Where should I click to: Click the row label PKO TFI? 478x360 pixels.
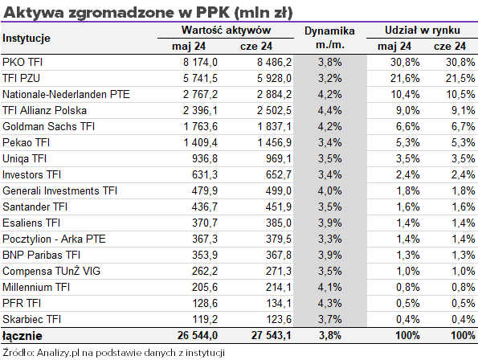22,62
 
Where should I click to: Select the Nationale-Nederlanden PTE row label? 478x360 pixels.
66,95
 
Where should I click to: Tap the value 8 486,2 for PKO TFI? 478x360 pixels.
274,62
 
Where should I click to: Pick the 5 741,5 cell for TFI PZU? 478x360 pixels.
200,78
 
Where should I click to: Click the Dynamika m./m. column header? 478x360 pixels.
329,38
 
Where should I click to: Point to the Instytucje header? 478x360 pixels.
27,39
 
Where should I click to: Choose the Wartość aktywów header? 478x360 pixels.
226,31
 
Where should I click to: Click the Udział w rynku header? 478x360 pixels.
423,31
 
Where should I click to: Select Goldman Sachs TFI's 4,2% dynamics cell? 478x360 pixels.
330,126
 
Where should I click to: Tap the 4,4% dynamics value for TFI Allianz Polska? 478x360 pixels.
330,110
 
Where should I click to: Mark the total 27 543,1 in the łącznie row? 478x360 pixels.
272,336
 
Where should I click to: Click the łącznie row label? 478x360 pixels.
22,336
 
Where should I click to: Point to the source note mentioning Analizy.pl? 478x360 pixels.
113,353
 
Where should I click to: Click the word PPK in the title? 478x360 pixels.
213,13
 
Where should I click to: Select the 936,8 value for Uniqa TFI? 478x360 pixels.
205,159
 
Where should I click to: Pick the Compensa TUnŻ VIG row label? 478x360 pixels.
51,271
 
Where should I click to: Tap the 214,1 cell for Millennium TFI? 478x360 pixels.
279,287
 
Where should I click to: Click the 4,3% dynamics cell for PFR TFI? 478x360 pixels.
330,303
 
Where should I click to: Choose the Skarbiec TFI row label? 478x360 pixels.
31,319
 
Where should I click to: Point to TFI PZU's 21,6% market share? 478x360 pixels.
405,78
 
